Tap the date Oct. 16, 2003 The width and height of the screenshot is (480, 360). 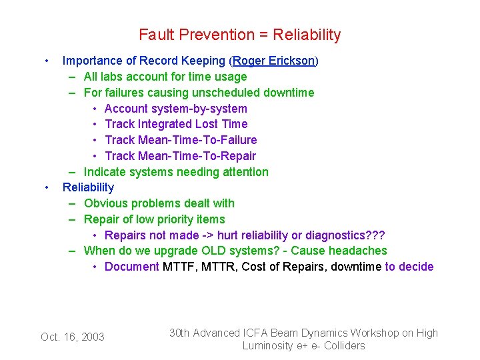point(73,337)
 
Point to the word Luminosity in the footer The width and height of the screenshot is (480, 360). point(269,345)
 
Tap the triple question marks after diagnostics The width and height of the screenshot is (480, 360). point(375,235)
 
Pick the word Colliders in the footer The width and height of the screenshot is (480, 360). point(344,345)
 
